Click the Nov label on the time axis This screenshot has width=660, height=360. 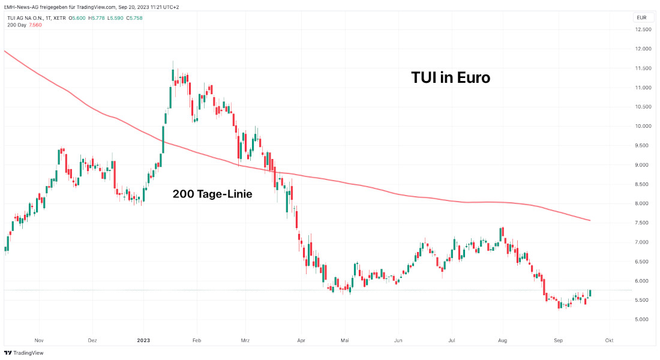(40, 340)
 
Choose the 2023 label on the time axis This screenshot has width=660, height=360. (143, 340)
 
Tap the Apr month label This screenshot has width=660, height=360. (301, 340)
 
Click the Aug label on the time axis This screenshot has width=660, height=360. (502, 340)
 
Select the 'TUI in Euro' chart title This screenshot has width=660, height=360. (451, 78)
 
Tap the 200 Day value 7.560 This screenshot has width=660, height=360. (35, 26)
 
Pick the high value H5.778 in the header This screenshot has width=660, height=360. (97, 18)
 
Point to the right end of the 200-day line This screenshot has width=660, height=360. (590, 220)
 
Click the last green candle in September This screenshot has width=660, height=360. (589, 293)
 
